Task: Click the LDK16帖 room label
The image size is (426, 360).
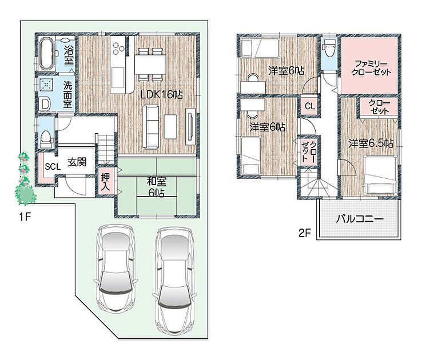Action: [x=161, y=94]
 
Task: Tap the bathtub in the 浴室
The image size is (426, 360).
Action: [x=46, y=54]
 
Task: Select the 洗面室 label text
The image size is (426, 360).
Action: [x=67, y=94]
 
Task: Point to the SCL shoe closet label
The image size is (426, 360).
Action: [x=53, y=166]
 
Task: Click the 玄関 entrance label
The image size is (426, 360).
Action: [x=77, y=162]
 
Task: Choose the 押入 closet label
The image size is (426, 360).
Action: [x=105, y=182]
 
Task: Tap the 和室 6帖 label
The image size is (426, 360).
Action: [x=156, y=186]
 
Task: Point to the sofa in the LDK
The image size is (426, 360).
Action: [x=151, y=126]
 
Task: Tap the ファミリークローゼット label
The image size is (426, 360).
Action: [x=371, y=68]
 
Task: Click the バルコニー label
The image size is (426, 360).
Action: [x=360, y=219]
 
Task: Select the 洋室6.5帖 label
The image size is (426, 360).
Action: [x=371, y=143]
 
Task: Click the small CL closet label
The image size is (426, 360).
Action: [x=310, y=106]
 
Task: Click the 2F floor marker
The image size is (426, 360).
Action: [x=305, y=233]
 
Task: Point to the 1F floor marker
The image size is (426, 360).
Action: [x=25, y=217]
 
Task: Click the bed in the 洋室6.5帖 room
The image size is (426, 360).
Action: [x=381, y=175]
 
